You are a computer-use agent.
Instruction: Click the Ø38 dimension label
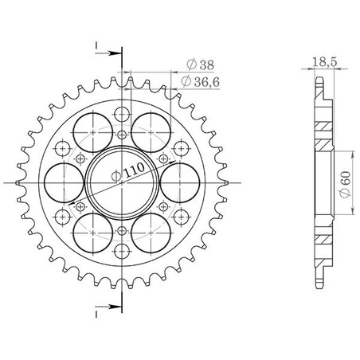200,65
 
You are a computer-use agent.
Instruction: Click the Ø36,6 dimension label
201,81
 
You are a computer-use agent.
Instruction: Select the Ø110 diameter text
128,172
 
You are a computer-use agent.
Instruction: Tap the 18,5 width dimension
324,62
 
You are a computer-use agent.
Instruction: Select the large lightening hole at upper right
151,132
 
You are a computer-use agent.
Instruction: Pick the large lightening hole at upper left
93,132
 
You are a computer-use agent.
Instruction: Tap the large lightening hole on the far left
64,183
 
